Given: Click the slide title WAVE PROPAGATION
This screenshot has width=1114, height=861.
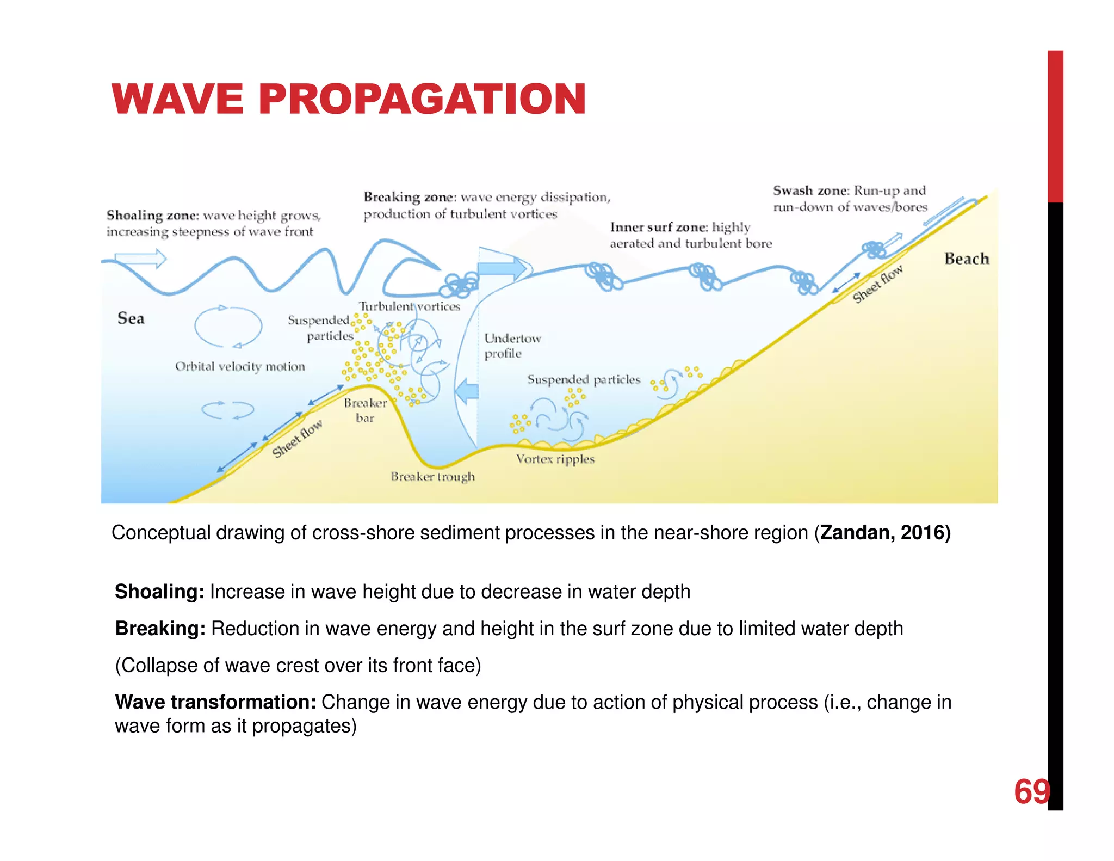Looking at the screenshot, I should point(348,99).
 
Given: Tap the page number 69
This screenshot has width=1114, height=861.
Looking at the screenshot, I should point(1031,791).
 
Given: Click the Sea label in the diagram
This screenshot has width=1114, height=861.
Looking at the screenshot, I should point(131,318).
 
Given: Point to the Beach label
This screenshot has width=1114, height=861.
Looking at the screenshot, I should point(967,259).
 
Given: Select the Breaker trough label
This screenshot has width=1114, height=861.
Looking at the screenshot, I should point(432,477).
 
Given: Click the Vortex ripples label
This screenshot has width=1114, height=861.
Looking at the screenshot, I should point(555,459).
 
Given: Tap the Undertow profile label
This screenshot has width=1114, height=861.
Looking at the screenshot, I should point(512,346).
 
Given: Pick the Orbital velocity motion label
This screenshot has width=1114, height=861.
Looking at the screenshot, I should point(240,367).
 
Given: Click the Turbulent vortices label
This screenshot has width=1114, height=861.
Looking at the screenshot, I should point(409,306).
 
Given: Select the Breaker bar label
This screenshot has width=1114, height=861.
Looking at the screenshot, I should point(365,410).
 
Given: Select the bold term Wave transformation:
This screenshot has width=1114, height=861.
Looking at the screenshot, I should point(215,702).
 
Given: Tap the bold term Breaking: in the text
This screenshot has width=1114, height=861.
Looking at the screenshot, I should point(160,629).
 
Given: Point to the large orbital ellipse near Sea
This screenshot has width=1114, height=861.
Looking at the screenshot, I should point(228,327).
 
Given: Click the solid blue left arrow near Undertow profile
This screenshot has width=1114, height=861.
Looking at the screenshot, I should point(466,391).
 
